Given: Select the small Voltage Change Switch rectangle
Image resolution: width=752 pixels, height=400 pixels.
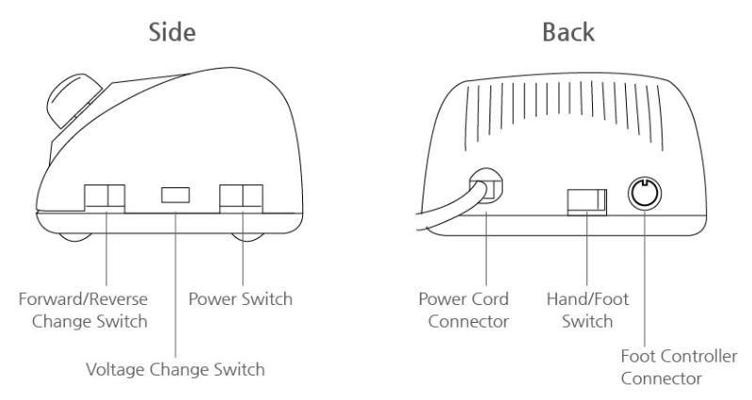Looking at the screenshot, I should click(x=176, y=195).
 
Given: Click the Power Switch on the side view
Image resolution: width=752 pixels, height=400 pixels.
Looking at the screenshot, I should click(x=241, y=196).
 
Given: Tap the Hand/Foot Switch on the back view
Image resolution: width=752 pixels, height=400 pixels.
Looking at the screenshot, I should click(x=585, y=200).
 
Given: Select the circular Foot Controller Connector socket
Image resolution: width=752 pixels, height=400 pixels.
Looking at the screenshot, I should click(x=645, y=194).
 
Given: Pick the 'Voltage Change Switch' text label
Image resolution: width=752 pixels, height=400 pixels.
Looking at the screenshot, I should click(x=176, y=370).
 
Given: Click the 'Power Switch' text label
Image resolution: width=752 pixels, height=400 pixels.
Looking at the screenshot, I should click(x=241, y=300).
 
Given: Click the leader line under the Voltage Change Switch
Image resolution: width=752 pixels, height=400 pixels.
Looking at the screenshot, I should click(x=176, y=282).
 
